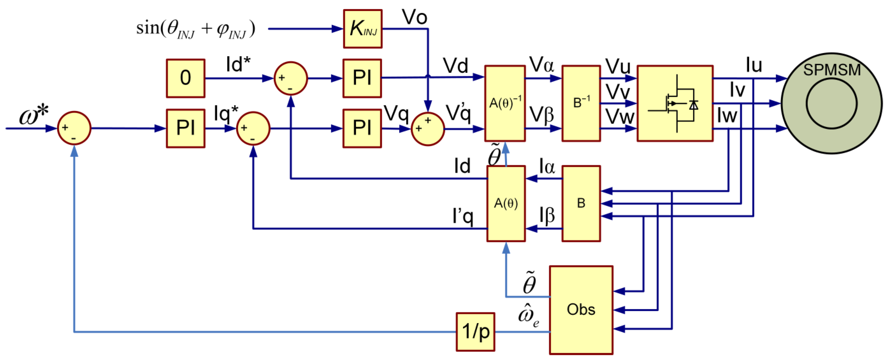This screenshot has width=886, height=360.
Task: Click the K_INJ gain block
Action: [363, 29]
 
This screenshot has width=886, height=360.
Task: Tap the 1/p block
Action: [475, 332]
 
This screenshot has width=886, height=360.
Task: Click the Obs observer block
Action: [581, 310]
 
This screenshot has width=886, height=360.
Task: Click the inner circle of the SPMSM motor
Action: [831, 103]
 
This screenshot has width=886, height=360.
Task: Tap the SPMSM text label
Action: [832, 70]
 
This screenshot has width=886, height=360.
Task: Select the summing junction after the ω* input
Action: [74, 128]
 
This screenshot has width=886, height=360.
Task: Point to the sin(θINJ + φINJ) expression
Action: [195, 29]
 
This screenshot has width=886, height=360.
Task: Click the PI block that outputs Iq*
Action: [185, 128]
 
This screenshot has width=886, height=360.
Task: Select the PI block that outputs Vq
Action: [362, 128]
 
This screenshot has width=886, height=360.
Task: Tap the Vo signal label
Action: [415, 17]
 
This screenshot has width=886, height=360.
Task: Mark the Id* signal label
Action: [238, 64]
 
